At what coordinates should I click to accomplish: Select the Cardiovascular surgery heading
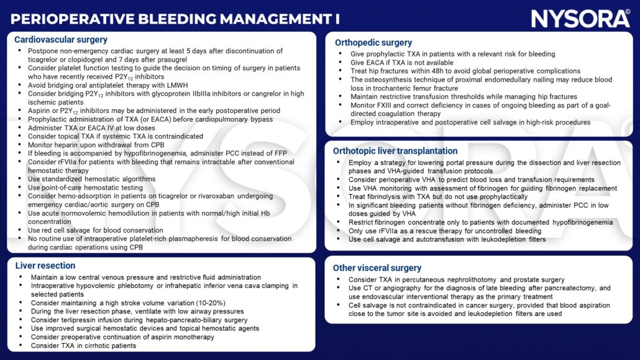pos(61,40)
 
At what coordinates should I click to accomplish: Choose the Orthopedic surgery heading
pos(373,43)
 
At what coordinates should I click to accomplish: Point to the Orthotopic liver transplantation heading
pos(395,151)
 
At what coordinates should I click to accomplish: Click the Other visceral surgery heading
pos(377,268)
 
